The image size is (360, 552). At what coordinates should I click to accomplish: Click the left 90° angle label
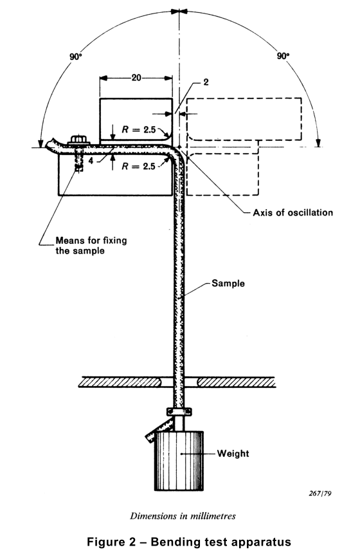[x=76, y=57]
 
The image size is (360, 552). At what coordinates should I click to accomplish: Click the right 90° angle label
[x=283, y=57]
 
